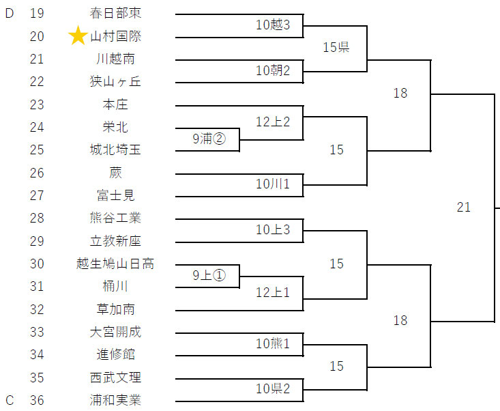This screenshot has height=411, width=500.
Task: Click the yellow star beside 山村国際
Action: pyautogui.click(x=78, y=36)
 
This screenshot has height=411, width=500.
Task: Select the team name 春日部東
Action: pyautogui.click(x=115, y=13)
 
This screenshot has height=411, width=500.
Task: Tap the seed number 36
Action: pyautogui.click(x=37, y=400)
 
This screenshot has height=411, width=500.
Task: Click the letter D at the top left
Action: pyautogui.click(x=10, y=13)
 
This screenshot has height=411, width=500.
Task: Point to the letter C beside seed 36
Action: pyautogui.click(x=10, y=400)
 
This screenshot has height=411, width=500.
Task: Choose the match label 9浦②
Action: pyautogui.click(x=209, y=139)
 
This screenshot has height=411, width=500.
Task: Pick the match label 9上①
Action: pyautogui.click(x=209, y=275)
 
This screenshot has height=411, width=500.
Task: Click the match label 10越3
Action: pyautogui.click(x=273, y=25)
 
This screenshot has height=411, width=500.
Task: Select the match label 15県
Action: pyautogui.click(x=336, y=48)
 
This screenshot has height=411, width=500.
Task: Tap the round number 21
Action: pyautogui.click(x=464, y=208)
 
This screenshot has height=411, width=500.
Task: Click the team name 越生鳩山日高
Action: pyautogui.click(x=115, y=264)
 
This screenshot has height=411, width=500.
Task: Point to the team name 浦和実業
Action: pyautogui.click(x=115, y=400)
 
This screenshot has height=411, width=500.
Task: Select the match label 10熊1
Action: pyautogui.click(x=273, y=343)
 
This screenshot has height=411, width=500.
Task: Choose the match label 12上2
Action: pyautogui.click(x=273, y=122)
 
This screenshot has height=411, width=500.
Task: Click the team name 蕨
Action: pyautogui.click(x=115, y=173)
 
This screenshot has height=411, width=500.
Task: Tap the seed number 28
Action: pyautogui.click(x=37, y=218)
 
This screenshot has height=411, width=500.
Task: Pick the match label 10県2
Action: pyautogui.click(x=273, y=389)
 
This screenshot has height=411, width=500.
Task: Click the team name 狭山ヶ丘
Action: pyautogui.click(x=115, y=82)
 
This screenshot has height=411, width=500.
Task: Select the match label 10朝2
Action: pyautogui.click(x=273, y=70)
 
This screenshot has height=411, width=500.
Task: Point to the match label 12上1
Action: pyautogui.click(x=273, y=293)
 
